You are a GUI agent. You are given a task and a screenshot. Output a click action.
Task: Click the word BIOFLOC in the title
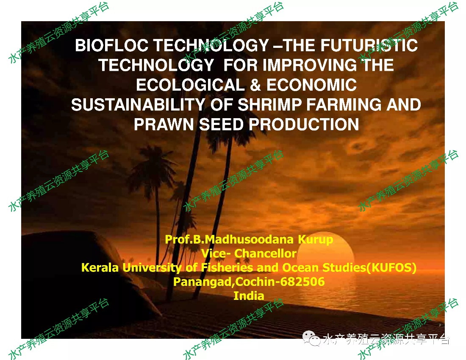click(x=111, y=45)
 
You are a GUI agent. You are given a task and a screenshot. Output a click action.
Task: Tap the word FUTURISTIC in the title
click(x=369, y=45)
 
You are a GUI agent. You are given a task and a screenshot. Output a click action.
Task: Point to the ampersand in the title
click(x=255, y=85)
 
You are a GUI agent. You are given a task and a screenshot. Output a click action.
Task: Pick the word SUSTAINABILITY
click(x=138, y=105)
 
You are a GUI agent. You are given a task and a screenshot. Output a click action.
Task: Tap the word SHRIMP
click(x=269, y=105)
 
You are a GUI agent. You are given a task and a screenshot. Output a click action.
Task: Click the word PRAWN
click(x=164, y=124)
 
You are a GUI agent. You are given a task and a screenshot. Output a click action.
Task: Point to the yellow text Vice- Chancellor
click(x=249, y=253)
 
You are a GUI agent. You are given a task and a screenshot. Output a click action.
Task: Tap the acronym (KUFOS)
click(x=391, y=268)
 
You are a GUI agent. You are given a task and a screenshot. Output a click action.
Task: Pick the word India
click(x=249, y=296)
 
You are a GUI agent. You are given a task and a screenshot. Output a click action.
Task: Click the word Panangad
click(x=202, y=282)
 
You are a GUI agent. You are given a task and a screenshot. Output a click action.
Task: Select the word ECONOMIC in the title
click(x=311, y=85)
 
